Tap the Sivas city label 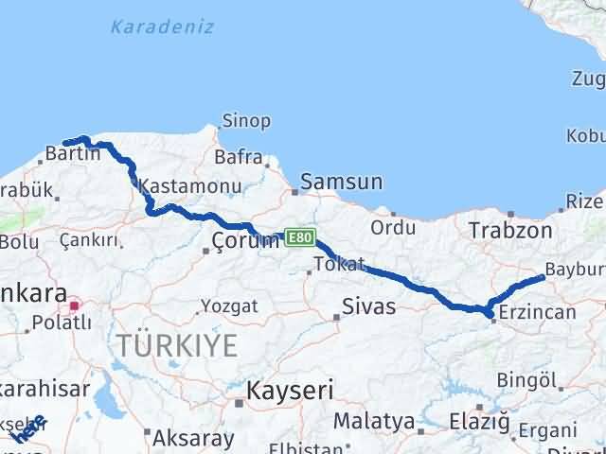368,306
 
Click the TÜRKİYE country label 176,345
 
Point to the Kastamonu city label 183,184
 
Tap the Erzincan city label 537,310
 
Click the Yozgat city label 228,306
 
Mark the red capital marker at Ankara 75,306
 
